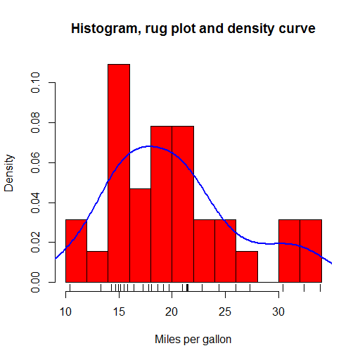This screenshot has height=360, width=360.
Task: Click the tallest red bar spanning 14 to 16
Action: point(119,173)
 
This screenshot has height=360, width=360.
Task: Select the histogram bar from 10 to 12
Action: point(76,251)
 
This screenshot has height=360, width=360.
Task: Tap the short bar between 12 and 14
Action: point(98,266)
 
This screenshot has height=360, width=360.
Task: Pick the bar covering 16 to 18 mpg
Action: point(140,236)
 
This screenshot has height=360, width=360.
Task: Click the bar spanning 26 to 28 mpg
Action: point(247,266)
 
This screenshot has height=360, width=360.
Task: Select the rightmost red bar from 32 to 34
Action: point(311,251)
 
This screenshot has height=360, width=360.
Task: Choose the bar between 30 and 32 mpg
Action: point(290,251)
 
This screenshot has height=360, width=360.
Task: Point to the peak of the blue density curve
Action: point(148,146)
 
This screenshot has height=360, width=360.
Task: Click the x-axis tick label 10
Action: point(65,312)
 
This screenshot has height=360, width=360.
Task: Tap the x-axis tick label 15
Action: point(119,312)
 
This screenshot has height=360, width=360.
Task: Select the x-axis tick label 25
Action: point(225,312)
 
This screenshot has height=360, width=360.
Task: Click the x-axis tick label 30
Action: point(278,312)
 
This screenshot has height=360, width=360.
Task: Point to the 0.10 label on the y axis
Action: point(35,83)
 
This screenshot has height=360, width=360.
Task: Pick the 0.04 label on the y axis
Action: point(35,202)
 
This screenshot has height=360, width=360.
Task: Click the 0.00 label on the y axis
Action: point(35,282)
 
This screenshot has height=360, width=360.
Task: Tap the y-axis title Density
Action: point(9,173)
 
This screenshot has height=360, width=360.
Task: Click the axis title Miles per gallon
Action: point(193,340)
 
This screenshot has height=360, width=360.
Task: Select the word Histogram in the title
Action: point(106,29)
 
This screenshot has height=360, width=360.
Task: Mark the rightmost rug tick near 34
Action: point(321,288)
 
